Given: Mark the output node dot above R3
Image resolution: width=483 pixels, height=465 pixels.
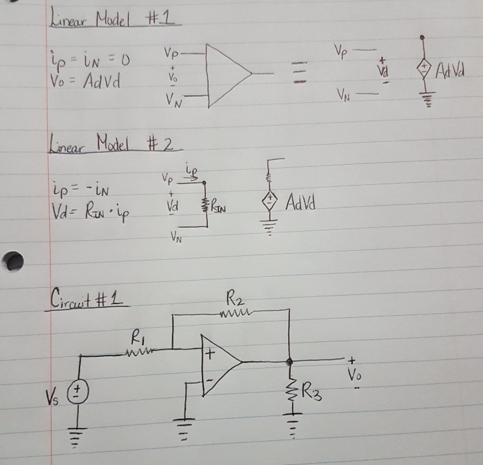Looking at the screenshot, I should [290, 359].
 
